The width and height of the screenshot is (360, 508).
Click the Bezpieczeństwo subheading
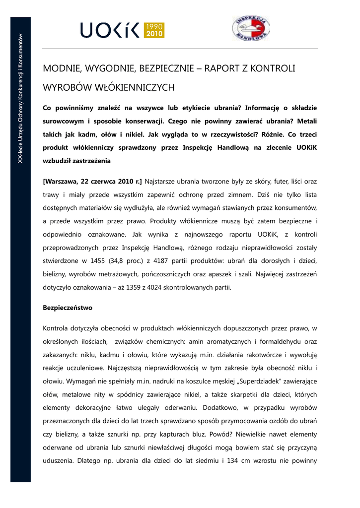pos(68,308)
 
